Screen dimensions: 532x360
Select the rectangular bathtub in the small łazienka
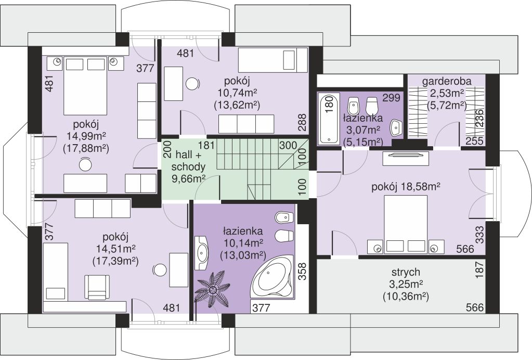[x=329, y=119]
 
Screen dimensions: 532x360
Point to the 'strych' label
[x=406, y=272]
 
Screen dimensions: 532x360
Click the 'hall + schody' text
[x=189, y=161]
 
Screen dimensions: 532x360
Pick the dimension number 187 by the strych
[x=479, y=270]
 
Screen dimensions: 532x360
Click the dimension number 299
[x=392, y=98]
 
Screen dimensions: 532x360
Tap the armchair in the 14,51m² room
[x=97, y=287]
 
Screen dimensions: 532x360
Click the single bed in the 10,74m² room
[x=273, y=60]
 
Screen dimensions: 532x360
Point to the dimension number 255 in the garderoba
[x=474, y=141]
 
